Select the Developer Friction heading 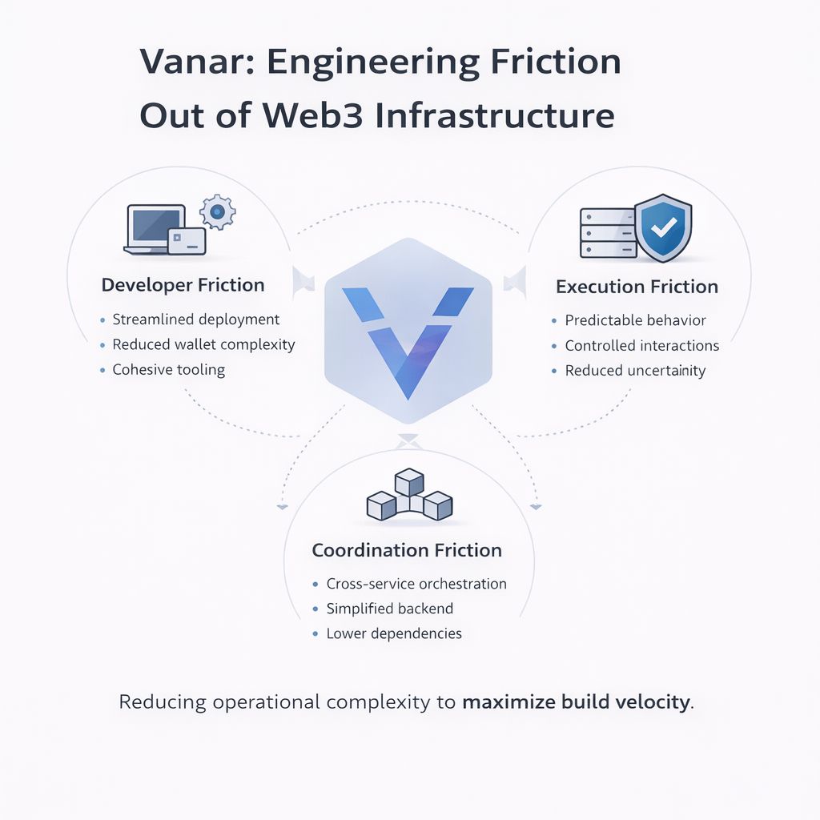pos(183,285)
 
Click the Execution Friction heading pos(637,287)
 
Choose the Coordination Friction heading pos(407,551)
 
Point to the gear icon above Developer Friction pos(217,211)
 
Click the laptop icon pos(155,229)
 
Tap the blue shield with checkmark pos(662,228)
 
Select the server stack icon pos(606,233)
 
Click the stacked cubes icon pos(409,496)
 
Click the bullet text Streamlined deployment pos(196,320)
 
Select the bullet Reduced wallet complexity pos(203,344)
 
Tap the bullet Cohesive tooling pos(168,370)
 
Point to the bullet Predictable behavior pos(635,320)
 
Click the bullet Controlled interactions pos(641,346)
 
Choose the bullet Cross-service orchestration pos(416,584)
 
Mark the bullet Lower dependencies pos(394,633)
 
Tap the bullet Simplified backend pos(389,609)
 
